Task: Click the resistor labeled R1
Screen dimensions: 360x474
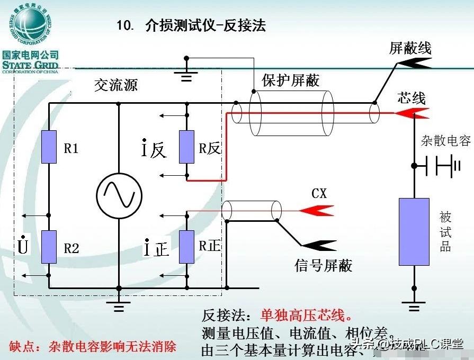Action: click(49, 147)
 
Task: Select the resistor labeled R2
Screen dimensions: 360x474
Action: click(49, 247)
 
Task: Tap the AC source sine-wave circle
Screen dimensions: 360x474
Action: click(119, 195)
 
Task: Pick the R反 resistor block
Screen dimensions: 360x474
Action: click(186, 147)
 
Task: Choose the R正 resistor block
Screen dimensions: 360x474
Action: click(186, 247)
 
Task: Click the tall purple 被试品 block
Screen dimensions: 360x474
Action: click(414, 231)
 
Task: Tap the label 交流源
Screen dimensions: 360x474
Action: click(115, 85)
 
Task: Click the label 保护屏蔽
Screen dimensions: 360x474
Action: click(291, 80)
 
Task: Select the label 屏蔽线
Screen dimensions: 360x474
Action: click(410, 48)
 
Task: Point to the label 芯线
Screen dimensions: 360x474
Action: click(411, 98)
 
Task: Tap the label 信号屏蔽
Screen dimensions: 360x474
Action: click(323, 265)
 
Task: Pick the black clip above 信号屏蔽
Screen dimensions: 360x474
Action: click(318, 245)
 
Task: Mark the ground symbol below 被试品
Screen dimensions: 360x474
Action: click(414, 305)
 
